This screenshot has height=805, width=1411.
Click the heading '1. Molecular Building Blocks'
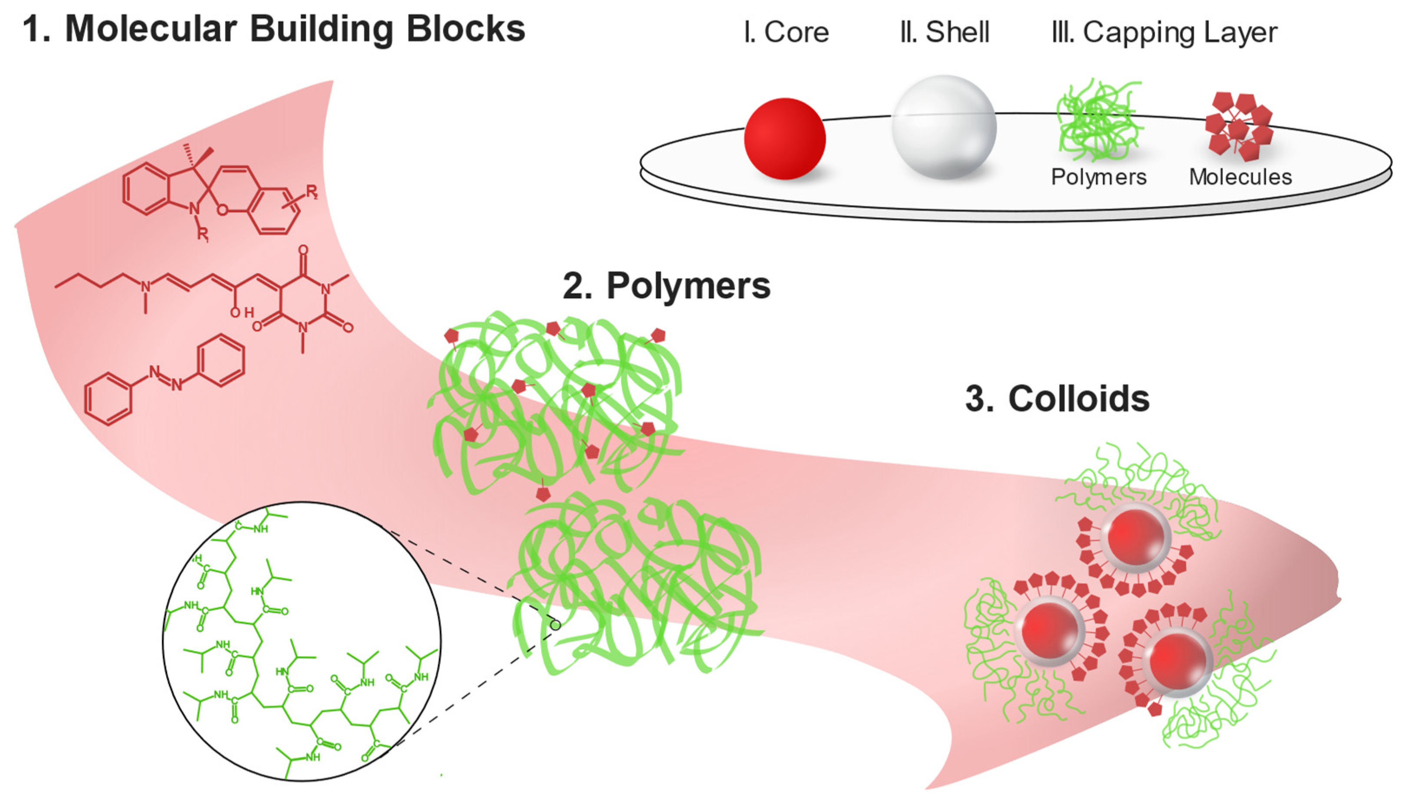pos(274,29)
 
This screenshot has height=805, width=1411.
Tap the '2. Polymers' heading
pos(666,286)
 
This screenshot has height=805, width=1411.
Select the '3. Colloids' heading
pos(1057,399)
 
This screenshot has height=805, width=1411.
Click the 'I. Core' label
pos(786,33)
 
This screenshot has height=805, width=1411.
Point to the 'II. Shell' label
pos(945,33)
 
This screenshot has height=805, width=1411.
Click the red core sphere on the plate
pos(784,139)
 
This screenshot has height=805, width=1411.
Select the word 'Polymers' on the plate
pos(1098,177)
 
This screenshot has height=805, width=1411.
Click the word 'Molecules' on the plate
pos(1240,177)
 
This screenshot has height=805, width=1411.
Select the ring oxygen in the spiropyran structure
pos(222,210)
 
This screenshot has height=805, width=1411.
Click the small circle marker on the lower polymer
pos(555,625)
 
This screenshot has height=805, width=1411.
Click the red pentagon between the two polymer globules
pos(543,494)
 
